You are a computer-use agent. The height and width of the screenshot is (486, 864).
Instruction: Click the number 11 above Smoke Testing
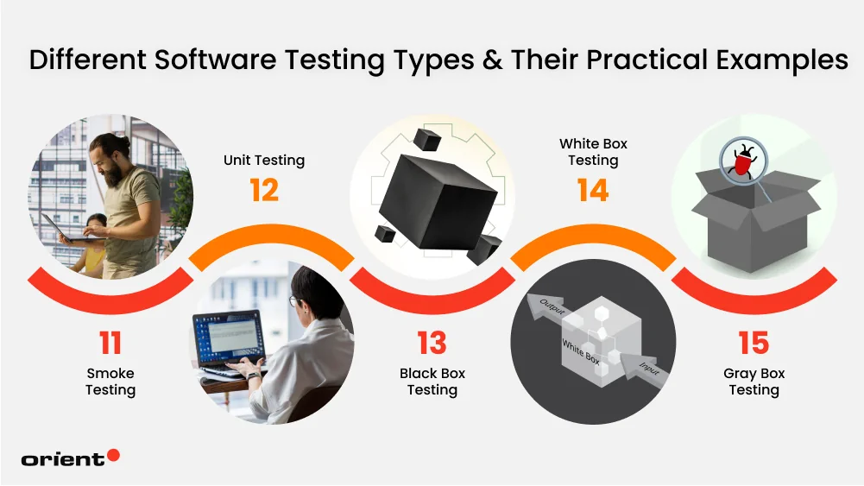coord(110,343)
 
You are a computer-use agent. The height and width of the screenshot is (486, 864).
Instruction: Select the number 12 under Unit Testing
coord(264,190)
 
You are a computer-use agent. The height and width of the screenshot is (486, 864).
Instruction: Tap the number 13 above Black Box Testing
coord(432,343)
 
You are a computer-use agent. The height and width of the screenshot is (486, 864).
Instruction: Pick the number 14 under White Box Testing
coord(593,190)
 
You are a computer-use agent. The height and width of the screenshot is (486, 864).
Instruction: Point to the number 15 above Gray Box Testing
coord(754,343)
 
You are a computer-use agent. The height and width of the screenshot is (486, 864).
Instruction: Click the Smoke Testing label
coord(110,382)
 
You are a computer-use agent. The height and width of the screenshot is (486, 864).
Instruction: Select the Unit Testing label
coord(264,160)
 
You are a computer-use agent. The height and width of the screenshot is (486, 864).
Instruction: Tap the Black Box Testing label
coord(432,382)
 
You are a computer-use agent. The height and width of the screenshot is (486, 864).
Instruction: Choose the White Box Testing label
coord(593,152)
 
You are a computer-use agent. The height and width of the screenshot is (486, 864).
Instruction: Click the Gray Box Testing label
coord(754,382)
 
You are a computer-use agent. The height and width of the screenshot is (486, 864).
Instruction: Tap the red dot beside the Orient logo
coord(112,455)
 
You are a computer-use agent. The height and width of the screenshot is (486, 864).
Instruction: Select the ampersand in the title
coord(490,60)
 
